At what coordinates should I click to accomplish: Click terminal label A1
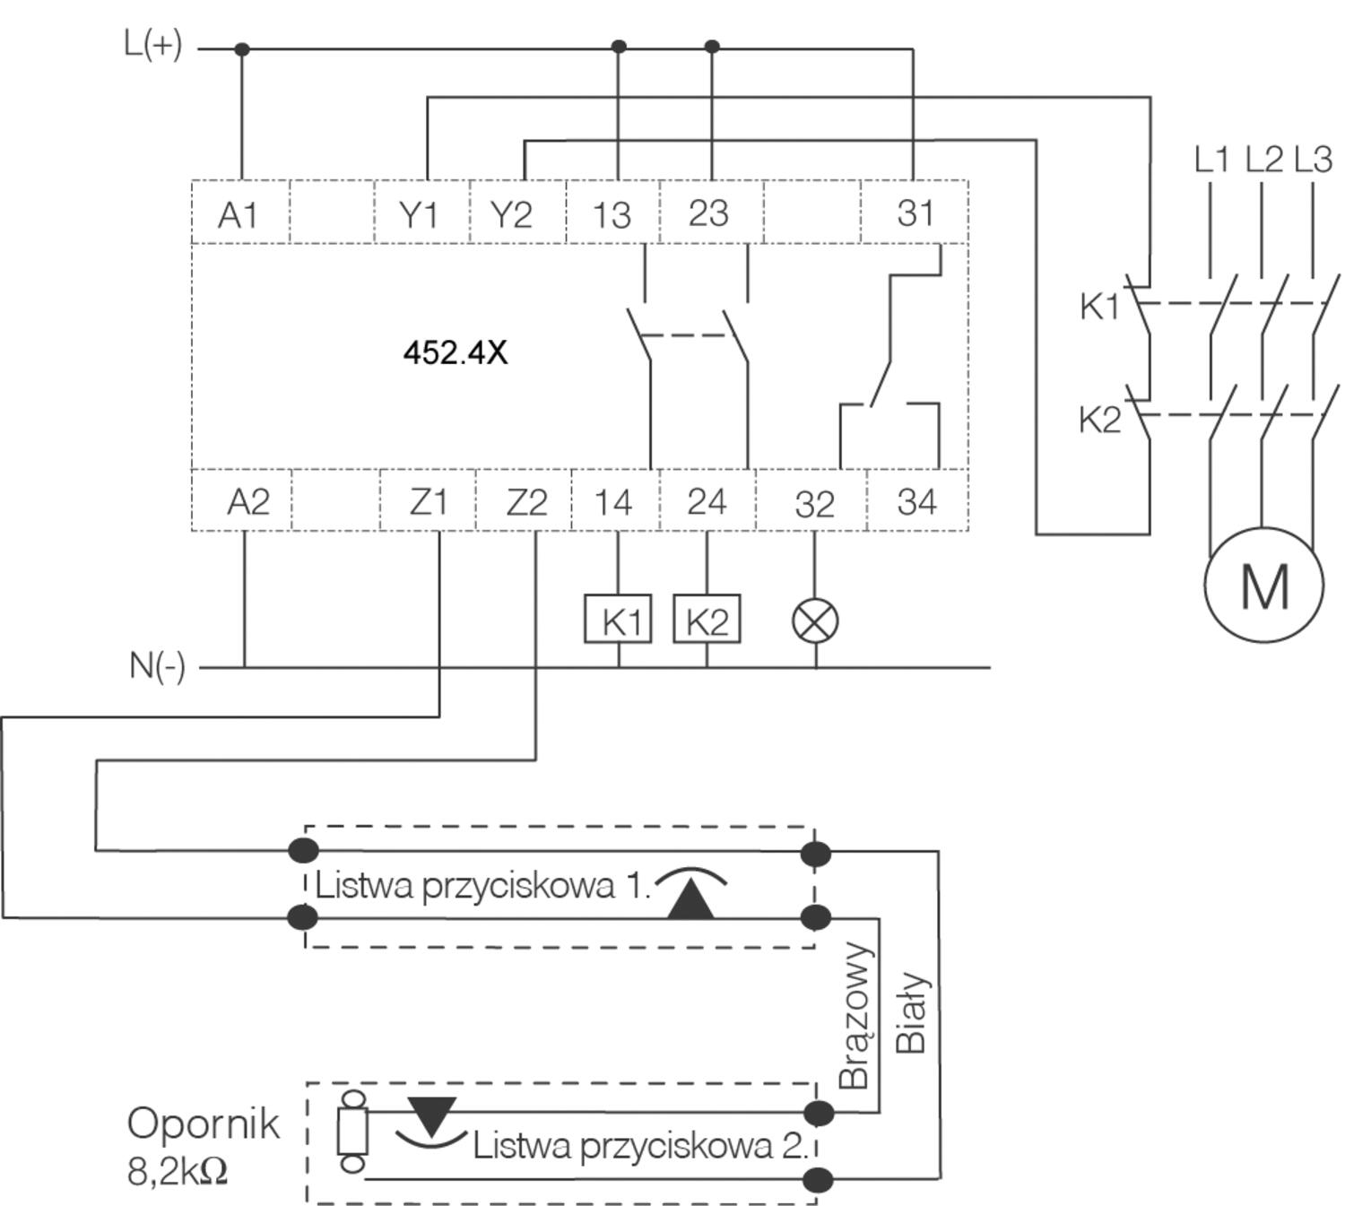[x=238, y=215]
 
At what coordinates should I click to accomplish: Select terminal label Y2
[x=511, y=215]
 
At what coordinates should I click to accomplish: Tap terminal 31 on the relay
[x=915, y=213]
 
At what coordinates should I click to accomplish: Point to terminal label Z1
[x=428, y=502]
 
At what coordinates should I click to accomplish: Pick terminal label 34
[x=916, y=502]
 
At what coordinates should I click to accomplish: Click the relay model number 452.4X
[x=456, y=352]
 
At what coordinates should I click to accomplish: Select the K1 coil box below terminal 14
[x=618, y=620]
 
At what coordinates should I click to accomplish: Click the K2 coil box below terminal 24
[x=707, y=620]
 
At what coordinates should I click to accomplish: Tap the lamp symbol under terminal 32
[x=816, y=620]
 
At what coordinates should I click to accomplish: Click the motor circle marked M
[x=1263, y=585]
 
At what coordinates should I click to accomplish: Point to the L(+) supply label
[x=153, y=44]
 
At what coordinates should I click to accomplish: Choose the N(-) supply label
[x=158, y=666]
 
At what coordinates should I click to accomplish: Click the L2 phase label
[x=1264, y=160]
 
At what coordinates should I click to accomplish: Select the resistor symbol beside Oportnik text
[x=352, y=1131]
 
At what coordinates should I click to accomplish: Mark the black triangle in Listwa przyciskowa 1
[x=690, y=899]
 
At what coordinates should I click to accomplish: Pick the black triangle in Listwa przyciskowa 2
[x=431, y=1115]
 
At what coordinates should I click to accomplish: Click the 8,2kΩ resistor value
[x=178, y=1171]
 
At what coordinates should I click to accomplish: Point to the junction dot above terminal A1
[x=241, y=49]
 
